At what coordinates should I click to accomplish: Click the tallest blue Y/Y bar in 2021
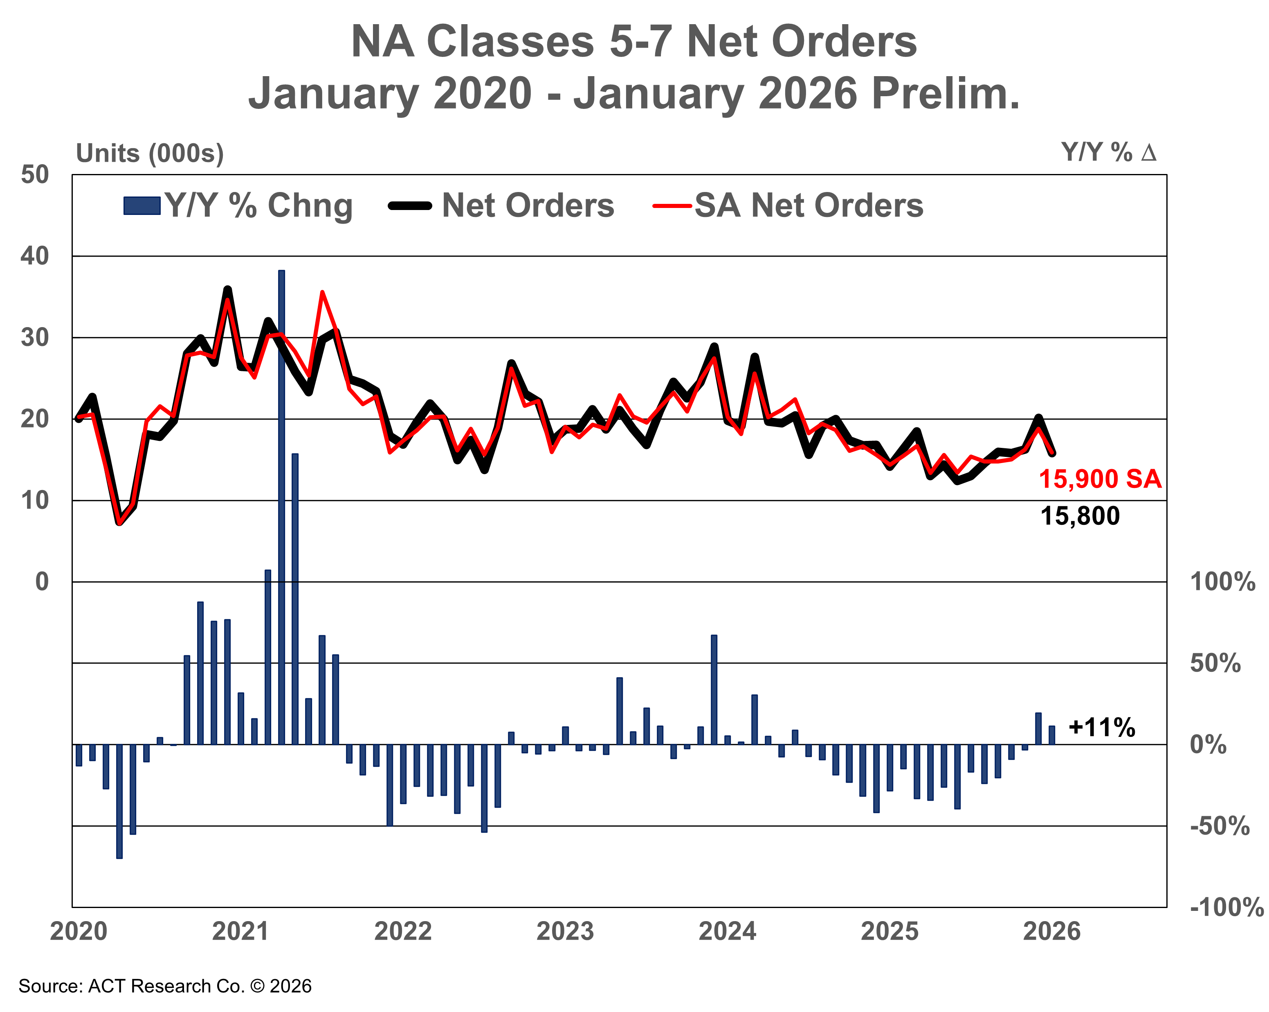[x=281, y=506]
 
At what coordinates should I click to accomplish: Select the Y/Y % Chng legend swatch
[x=142, y=206]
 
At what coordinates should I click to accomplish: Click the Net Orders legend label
[x=528, y=206]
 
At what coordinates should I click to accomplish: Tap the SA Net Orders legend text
[x=809, y=206]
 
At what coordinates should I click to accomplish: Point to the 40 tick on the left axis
[x=35, y=256]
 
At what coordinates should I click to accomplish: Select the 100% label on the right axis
[x=1222, y=582]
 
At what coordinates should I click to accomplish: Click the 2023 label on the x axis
[x=565, y=931]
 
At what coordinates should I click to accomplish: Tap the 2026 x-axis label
[x=1052, y=931]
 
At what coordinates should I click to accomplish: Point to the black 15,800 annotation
[x=1080, y=516]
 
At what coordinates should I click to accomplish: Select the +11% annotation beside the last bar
[x=1101, y=727]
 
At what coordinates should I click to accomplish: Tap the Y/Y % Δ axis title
[x=1108, y=153]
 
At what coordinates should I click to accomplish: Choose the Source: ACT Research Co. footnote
[x=165, y=986]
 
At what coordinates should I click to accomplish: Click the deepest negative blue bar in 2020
[x=119, y=801]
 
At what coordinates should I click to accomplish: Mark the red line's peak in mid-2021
[x=322, y=292]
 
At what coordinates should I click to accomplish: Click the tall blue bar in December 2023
[x=714, y=689]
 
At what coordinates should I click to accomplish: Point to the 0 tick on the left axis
[x=42, y=582]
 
